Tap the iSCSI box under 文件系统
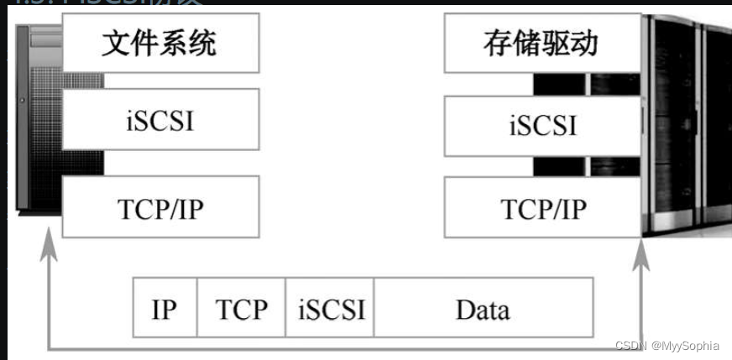[x=160, y=120]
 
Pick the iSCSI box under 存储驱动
[x=542, y=125]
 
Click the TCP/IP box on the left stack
[x=160, y=207]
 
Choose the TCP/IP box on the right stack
[x=542, y=207]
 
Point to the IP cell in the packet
[x=165, y=309]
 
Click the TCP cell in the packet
[x=241, y=309]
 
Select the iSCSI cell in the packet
[x=330, y=309]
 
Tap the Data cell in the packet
[x=483, y=309]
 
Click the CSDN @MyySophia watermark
[x=667, y=345]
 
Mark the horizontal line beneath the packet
[x=344, y=347]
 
